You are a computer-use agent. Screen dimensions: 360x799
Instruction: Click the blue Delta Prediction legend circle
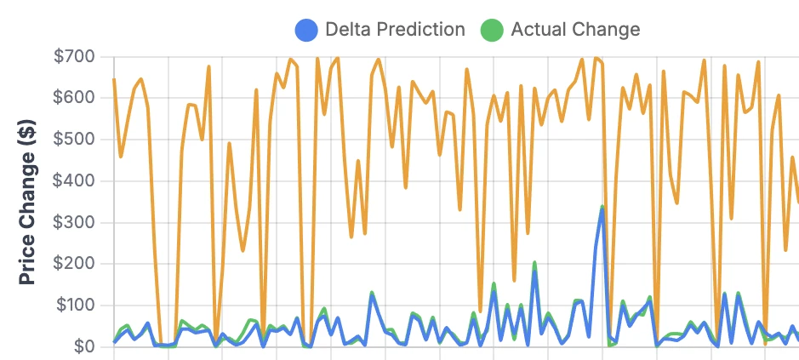(x=306, y=29)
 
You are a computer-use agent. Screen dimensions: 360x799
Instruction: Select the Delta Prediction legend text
(x=395, y=29)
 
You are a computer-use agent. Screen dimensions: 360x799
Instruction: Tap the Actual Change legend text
(x=574, y=29)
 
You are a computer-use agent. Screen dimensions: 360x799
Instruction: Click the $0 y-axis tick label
(x=83, y=346)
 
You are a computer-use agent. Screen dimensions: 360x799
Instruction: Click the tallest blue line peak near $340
(x=602, y=208)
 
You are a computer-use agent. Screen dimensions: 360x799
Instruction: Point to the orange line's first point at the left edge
(x=114, y=80)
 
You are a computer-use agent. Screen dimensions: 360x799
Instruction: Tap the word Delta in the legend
(x=349, y=29)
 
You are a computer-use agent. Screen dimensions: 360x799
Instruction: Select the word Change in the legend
(x=604, y=29)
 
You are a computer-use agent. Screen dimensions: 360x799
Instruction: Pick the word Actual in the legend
(x=538, y=29)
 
